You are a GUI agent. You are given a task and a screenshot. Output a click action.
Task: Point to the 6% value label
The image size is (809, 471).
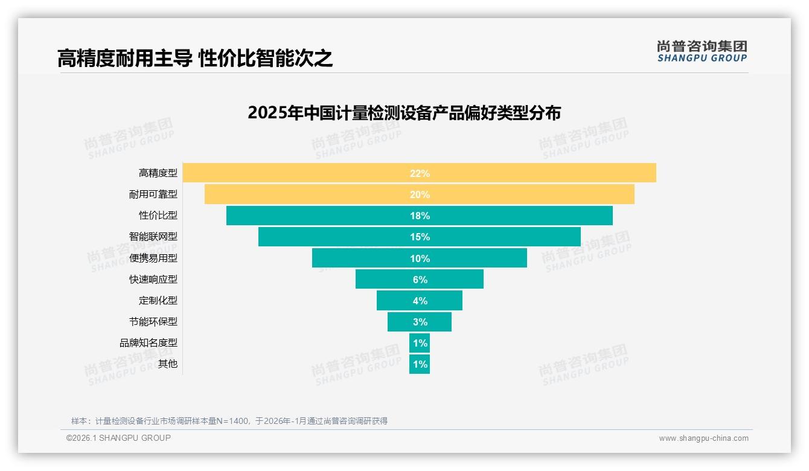pos(420,280)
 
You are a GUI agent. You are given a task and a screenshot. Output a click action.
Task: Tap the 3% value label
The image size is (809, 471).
pos(420,322)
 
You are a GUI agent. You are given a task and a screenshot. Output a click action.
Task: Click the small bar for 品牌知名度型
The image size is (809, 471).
pos(420,343)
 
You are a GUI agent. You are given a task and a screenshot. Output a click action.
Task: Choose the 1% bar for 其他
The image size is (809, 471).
pos(420,364)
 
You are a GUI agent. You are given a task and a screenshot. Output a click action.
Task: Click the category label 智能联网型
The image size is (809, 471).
pos(153,237)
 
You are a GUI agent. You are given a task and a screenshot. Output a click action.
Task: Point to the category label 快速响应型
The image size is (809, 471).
pos(153,279)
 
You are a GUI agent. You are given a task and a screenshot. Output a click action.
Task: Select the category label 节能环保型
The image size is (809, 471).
pos(153,321)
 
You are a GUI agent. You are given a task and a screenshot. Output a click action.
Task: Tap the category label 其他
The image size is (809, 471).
pos(168,364)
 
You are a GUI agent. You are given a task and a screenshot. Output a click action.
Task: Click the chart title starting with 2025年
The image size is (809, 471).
pos(404,113)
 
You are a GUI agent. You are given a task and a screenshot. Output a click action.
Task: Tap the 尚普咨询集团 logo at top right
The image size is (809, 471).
pos(702,51)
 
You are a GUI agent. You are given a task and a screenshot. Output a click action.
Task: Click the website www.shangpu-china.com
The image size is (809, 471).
pos(703,438)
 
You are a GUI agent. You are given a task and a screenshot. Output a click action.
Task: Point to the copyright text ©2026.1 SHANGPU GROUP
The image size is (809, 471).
pos(118,438)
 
